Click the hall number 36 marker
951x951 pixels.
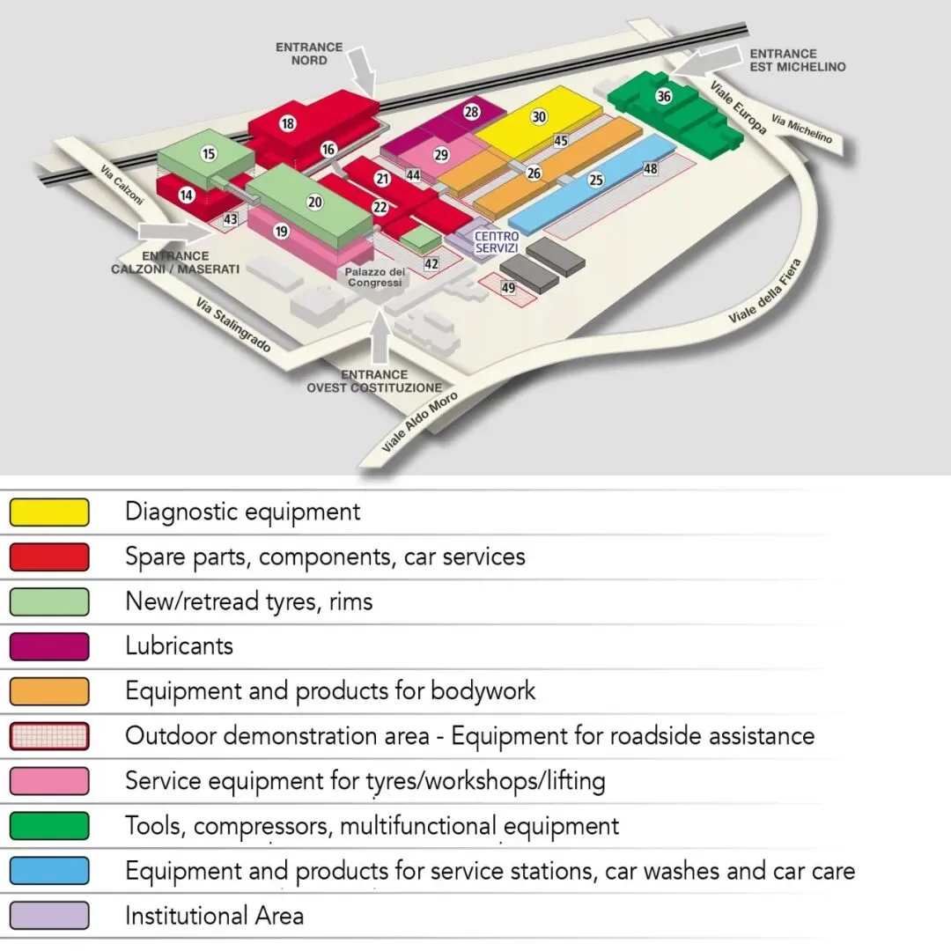(664, 97)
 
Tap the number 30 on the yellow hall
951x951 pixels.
(539, 116)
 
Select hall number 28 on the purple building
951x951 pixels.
(471, 112)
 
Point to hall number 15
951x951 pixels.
(209, 154)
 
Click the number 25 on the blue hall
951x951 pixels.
(596, 181)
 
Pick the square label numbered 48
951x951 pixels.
(651, 169)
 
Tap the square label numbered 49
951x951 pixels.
(508, 287)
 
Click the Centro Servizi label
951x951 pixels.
(497, 242)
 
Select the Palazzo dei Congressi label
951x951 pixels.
(374, 277)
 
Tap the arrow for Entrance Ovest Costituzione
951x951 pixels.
(380, 338)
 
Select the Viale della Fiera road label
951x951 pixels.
(765, 291)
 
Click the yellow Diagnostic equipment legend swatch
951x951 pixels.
(49, 512)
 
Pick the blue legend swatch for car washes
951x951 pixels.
(49, 871)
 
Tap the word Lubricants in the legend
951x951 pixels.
(179, 645)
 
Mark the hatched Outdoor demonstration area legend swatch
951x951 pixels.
(49, 736)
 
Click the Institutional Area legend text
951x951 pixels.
(214, 916)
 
